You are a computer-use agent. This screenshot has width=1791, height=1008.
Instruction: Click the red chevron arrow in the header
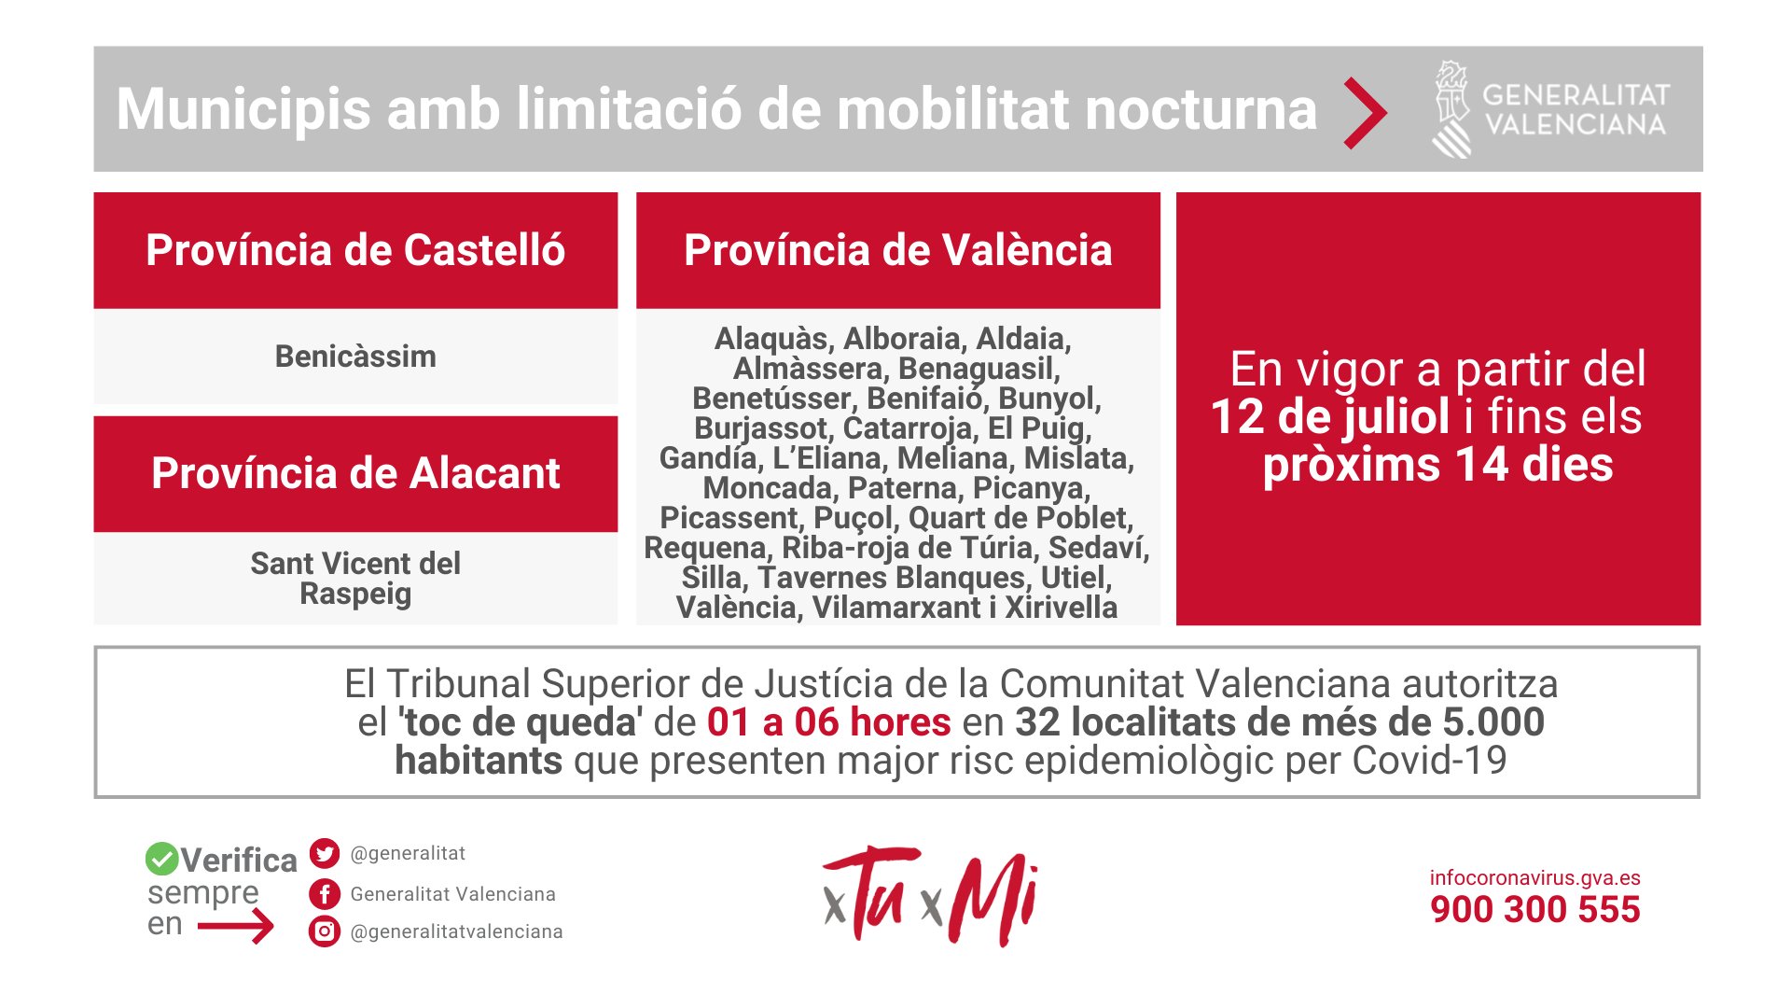1366,113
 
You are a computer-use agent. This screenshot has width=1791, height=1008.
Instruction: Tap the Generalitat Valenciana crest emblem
1451,109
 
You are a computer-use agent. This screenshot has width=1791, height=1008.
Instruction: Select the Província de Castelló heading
355,250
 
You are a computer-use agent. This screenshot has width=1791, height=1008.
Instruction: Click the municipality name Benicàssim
355,357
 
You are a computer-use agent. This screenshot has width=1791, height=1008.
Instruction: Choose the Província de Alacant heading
355,473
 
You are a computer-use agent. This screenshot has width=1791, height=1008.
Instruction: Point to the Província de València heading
898,250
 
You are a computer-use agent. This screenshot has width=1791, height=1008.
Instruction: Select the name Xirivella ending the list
1061,608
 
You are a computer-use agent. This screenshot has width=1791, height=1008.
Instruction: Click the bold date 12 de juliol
1330,416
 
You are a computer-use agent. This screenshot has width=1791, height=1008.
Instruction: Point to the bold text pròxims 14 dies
1437,465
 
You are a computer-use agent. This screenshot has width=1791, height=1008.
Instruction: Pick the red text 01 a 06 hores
829,722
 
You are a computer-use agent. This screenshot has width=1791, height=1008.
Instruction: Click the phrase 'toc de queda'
521,722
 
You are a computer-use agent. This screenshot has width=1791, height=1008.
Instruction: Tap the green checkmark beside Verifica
161,859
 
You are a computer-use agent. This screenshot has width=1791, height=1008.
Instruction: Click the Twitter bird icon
325,853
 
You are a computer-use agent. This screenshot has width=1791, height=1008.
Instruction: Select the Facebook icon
325,894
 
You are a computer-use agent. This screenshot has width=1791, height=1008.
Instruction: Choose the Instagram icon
325,931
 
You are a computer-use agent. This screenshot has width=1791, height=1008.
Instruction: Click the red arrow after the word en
236,926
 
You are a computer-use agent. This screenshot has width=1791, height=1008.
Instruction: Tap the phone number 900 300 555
1535,910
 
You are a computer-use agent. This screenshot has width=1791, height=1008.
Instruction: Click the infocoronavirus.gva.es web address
1535,878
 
